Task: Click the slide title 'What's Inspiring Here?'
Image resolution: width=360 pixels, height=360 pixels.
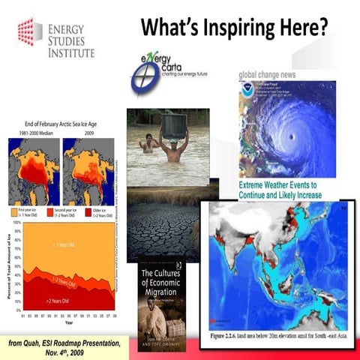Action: (x=234, y=27)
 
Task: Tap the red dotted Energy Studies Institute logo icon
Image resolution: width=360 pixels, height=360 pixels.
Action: (x=28, y=32)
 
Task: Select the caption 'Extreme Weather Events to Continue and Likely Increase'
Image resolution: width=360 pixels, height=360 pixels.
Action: (x=280, y=189)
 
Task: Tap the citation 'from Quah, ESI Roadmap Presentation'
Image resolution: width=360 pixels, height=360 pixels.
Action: (x=63, y=343)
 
